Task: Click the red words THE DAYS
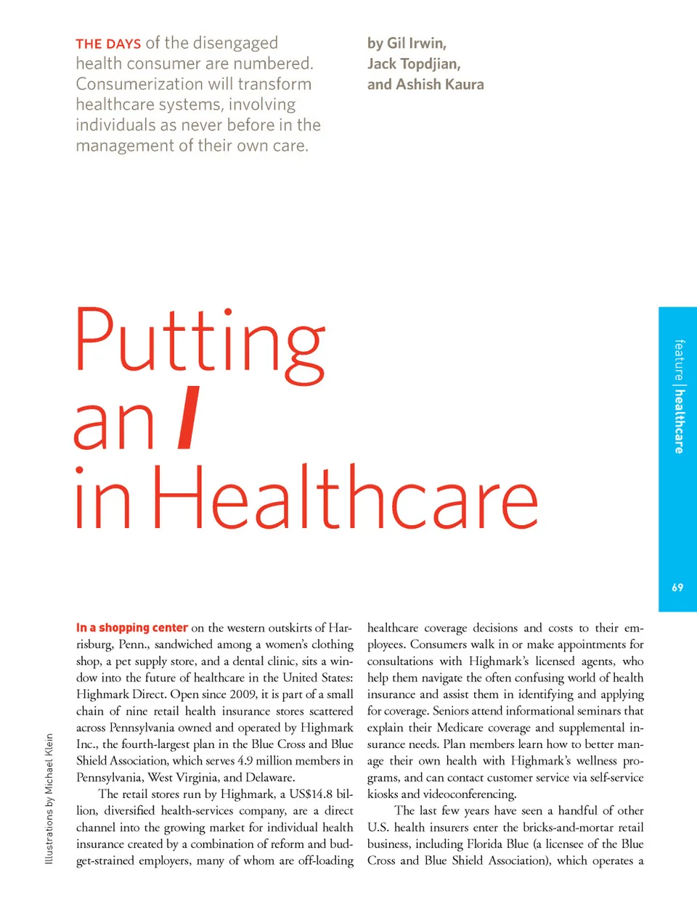108,44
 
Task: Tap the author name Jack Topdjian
414,64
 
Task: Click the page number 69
677,588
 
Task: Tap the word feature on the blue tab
679,360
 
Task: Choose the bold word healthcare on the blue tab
679,421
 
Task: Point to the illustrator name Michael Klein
49,764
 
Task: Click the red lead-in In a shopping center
132,628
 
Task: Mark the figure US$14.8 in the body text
311,794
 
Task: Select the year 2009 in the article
243,694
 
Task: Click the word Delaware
269,778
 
